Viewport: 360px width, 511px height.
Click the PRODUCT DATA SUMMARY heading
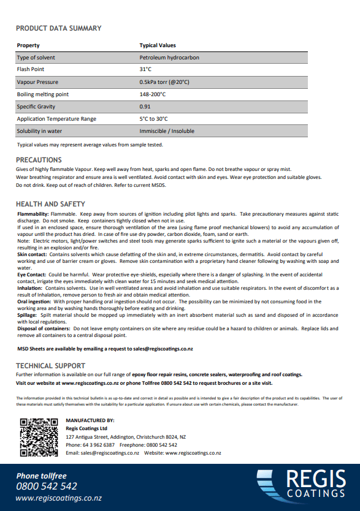tap(59, 28)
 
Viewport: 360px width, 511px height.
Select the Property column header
tap(28, 45)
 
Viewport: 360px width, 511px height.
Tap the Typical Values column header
tap(158, 45)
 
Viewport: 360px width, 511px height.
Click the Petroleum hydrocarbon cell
tap(169, 58)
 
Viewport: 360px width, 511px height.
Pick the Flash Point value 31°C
tap(145, 70)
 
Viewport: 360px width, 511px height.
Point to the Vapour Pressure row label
tap(37, 82)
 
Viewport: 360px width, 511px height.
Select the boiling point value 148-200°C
tap(153, 94)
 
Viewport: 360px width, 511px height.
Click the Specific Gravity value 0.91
tap(145, 107)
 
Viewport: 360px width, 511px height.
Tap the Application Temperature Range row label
tap(56, 119)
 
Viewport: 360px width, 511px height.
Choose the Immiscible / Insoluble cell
tap(167, 131)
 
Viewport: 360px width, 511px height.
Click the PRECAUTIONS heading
tap(39, 160)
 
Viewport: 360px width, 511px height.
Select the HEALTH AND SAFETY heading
tap(50, 204)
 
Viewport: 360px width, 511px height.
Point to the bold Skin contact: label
tap(31, 253)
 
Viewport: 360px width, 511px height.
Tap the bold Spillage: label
tap(28, 315)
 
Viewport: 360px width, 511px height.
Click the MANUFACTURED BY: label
tap(90, 420)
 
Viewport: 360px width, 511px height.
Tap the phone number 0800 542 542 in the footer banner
tap(47, 486)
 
